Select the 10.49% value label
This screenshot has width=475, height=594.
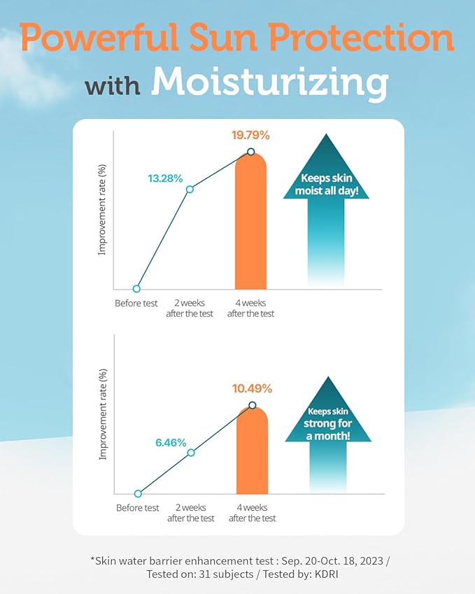253,388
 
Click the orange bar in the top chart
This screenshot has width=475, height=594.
250,231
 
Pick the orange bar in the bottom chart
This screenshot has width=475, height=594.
253,455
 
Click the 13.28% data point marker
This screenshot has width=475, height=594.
189,189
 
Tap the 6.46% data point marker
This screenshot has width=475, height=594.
191,453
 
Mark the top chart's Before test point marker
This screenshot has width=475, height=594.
136,288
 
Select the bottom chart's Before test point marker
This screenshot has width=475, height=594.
138,494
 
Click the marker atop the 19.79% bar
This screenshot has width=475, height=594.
250,152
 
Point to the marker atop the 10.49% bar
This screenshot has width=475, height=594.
253,405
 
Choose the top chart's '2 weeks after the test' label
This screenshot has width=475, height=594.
190,309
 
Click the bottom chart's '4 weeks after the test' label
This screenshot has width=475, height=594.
252,513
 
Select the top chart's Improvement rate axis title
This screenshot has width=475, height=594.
102,219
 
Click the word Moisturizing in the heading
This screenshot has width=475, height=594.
270,84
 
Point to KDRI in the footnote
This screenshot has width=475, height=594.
332,574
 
